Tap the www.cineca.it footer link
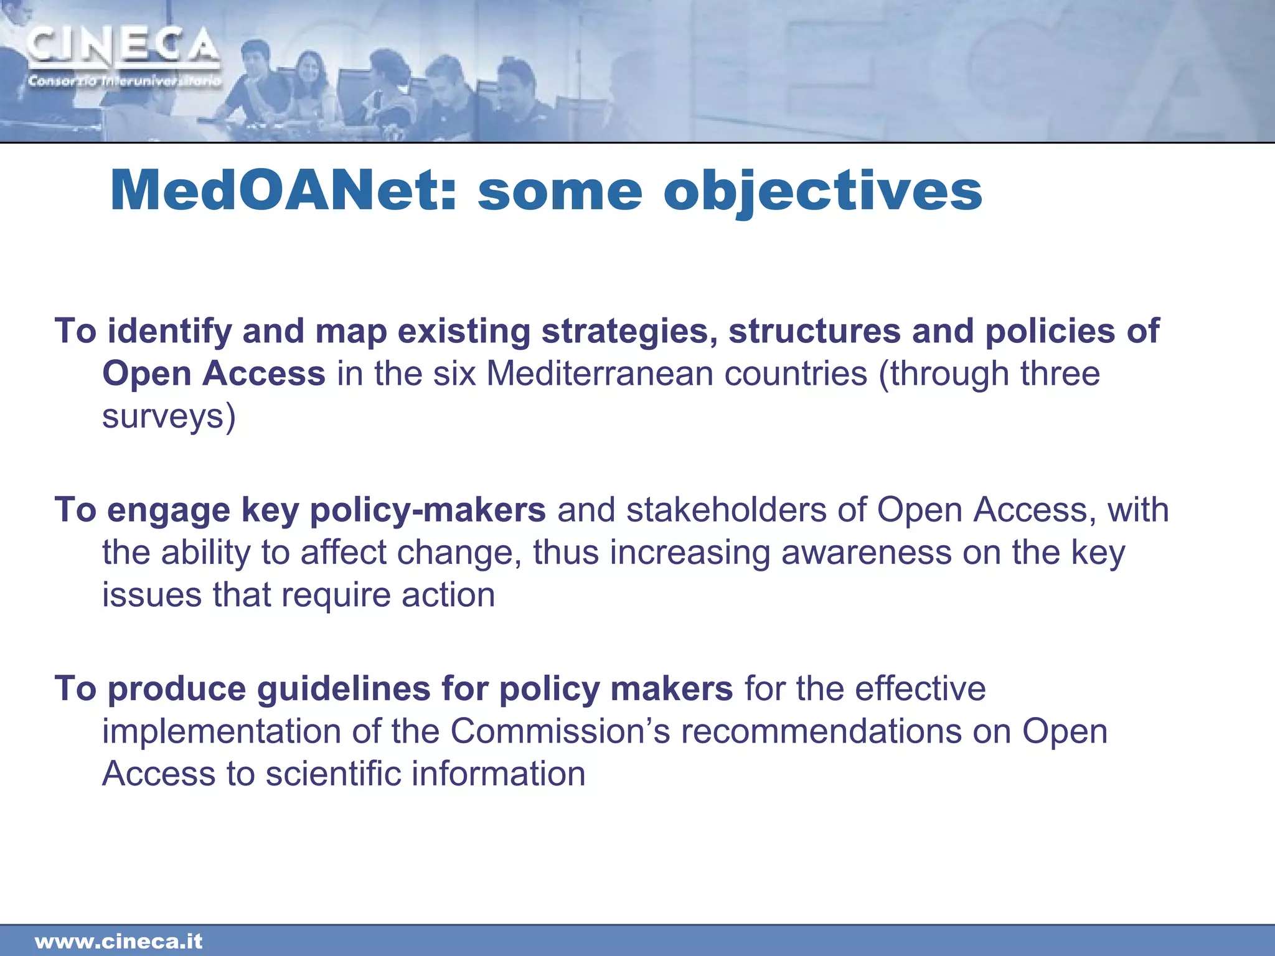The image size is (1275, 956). pyautogui.click(x=118, y=941)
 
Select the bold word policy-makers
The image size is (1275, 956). pyautogui.click(x=428, y=510)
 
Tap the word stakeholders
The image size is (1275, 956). pyautogui.click(x=726, y=510)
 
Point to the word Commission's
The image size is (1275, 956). pyautogui.click(x=560, y=731)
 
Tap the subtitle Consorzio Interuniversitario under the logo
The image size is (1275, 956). pyautogui.click(x=124, y=82)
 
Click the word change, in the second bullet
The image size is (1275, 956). pyautogui.click(x=460, y=553)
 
